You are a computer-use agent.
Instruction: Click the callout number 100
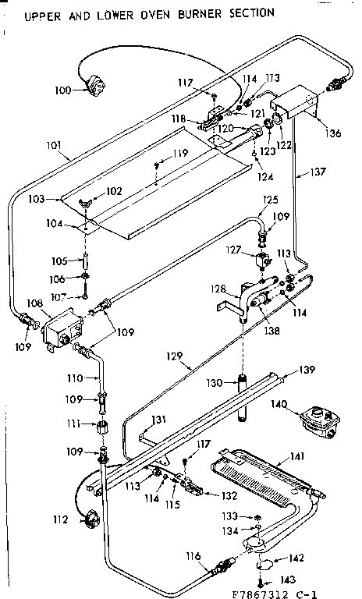(x=62, y=90)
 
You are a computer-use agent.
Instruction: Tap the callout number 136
(x=333, y=133)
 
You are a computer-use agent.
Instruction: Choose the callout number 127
(x=232, y=251)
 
